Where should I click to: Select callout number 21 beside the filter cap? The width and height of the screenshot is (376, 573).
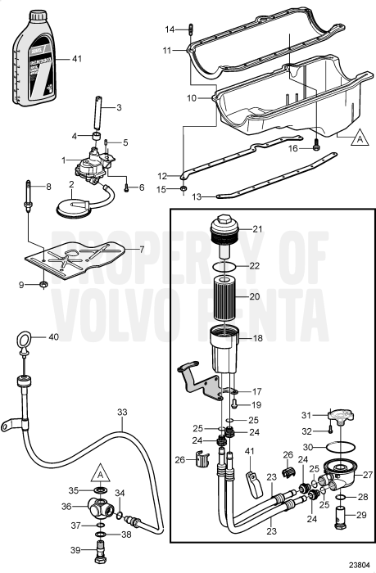[x=256, y=228]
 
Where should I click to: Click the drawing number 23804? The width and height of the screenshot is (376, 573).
[x=357, y=563]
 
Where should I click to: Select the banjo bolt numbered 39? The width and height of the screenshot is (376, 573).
[x=101, y=553]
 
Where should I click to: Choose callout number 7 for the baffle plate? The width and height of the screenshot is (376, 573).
[x=140, y=249]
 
